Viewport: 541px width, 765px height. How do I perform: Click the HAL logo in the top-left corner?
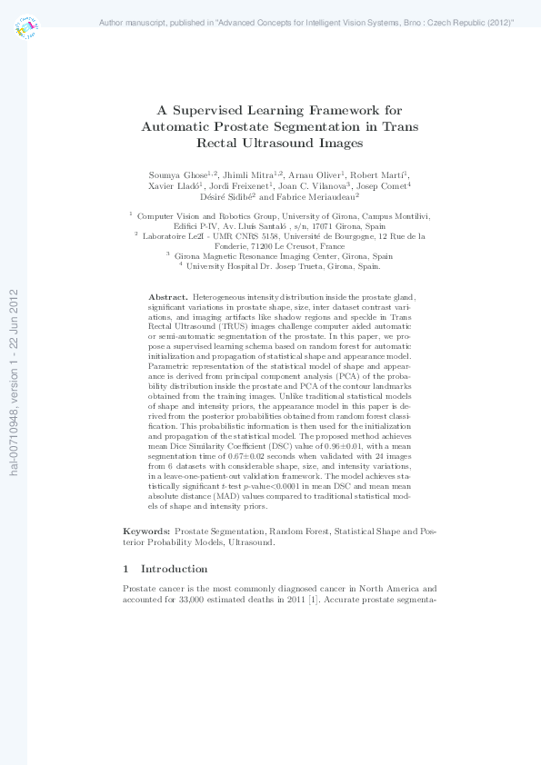pyautogui.click(x=26, y=28)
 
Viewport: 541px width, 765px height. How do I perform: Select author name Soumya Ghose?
pyautogui.click(x=178, y=174)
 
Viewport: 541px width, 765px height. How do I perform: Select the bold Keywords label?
pyautogui.click(x=145, y=530)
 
